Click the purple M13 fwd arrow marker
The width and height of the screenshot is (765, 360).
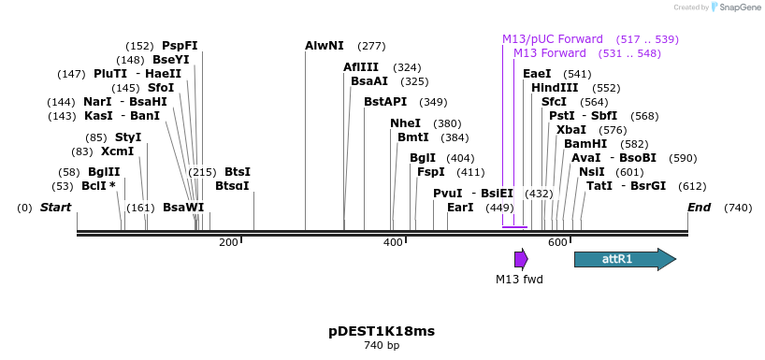[521, 259]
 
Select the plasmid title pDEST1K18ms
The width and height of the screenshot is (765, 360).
[382, 331]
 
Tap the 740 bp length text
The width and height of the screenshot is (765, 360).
[382, 346]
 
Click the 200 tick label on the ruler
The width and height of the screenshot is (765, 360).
[228, 242]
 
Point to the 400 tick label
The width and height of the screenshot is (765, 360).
[393, 242]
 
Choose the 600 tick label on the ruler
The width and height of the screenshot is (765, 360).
[558, 242]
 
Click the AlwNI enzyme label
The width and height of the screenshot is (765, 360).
[325, 46]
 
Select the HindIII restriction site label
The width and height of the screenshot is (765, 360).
[555, 88]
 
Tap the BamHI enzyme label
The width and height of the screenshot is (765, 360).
[585, 144]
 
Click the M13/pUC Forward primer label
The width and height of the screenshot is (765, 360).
[553, 39]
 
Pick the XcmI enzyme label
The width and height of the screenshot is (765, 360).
[118, 151]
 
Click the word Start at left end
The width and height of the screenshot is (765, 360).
[55, 207]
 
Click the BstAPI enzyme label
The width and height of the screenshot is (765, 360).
[385, 102]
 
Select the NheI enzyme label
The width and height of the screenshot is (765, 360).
[405, 123]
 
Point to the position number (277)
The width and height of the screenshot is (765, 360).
[371, 46]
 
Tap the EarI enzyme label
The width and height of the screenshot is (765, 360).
[460, 207]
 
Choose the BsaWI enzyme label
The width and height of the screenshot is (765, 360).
[183, 207]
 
